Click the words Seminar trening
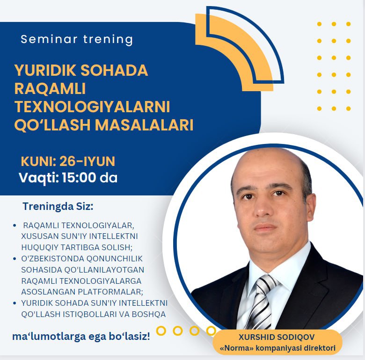tap(77, 39)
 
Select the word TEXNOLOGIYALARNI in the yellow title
tap(92, 107)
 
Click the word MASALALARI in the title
tap(144, 125)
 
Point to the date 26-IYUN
tap(88, 161)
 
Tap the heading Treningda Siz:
tap(58, 206)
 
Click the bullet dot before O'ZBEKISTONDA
tap(15, 259)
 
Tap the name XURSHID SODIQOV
tap(277, 337)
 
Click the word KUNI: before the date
tap(39, 161)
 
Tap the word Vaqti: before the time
tap(39, 178)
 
